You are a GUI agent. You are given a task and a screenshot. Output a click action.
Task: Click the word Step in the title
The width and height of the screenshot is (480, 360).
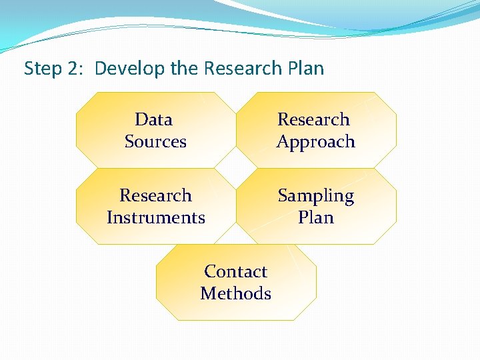(41, 69)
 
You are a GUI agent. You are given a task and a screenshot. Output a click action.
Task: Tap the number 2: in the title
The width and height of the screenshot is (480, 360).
(76, 69)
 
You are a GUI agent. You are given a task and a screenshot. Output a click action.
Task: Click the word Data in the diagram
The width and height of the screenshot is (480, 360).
(153, 119)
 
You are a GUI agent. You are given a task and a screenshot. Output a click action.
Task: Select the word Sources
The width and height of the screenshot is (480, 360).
(155, 141)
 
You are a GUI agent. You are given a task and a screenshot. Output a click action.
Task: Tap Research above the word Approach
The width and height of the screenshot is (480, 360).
(313, 119)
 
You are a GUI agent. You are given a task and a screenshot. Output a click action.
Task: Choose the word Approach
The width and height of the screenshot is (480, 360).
(315, 142)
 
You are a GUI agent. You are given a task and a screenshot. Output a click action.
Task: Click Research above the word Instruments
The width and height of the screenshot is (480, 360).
(155, 195)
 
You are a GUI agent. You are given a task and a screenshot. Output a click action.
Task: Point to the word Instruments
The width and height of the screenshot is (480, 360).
(155, 217)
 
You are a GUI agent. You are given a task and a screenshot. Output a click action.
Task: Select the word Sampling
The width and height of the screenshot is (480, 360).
(315, 196)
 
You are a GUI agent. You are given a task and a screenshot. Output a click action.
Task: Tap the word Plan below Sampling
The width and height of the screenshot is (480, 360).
(315, 217)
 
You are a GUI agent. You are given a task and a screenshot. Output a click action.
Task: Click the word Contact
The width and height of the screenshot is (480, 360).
(235, 271)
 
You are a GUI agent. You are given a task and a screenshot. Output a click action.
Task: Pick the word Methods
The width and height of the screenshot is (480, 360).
(235, 293)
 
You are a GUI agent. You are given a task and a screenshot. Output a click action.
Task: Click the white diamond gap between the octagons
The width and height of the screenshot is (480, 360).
(236, 168)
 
